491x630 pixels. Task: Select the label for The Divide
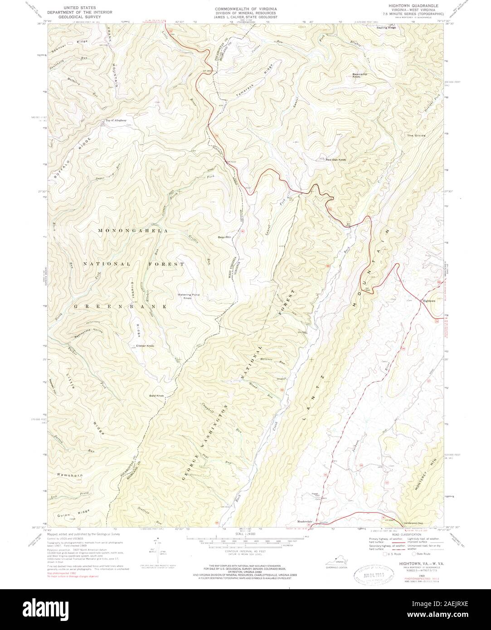click(416, 136)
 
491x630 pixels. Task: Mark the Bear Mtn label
click(224, 237)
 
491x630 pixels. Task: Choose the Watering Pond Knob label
click(188, 296)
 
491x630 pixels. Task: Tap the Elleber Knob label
click(145, 346)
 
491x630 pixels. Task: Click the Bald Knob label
click(156, 396)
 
